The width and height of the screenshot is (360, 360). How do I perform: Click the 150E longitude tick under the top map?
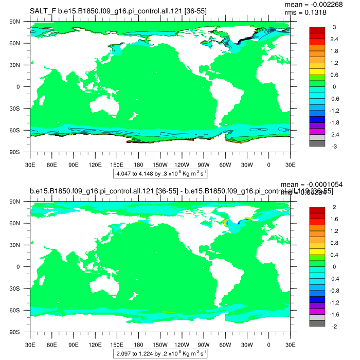point(117,165)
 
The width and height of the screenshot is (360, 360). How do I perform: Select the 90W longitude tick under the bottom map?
point(204,345)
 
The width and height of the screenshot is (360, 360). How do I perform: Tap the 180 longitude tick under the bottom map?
point(138,345)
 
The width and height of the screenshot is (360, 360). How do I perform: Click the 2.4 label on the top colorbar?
point(335,39)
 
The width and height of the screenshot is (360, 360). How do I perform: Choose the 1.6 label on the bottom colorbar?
point(335,219)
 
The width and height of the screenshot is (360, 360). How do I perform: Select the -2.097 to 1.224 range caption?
point(160,353)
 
